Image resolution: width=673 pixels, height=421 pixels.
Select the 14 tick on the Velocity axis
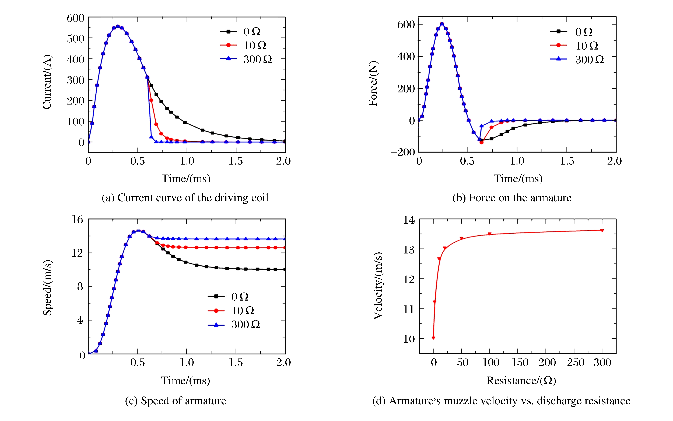point(409,220)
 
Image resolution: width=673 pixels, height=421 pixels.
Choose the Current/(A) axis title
point(47,82)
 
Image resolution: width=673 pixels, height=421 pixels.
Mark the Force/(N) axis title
point(373,83)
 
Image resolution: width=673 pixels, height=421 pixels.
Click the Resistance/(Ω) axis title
point(521,380)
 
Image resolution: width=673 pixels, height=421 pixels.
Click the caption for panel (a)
point(185,198)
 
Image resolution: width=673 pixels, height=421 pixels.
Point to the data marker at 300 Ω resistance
point(602,230)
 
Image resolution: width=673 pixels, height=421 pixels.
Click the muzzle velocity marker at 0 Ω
point(433,338)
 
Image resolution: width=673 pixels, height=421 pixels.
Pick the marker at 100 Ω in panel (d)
point(490,234)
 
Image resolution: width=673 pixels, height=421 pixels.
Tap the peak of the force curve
point(442,24)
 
